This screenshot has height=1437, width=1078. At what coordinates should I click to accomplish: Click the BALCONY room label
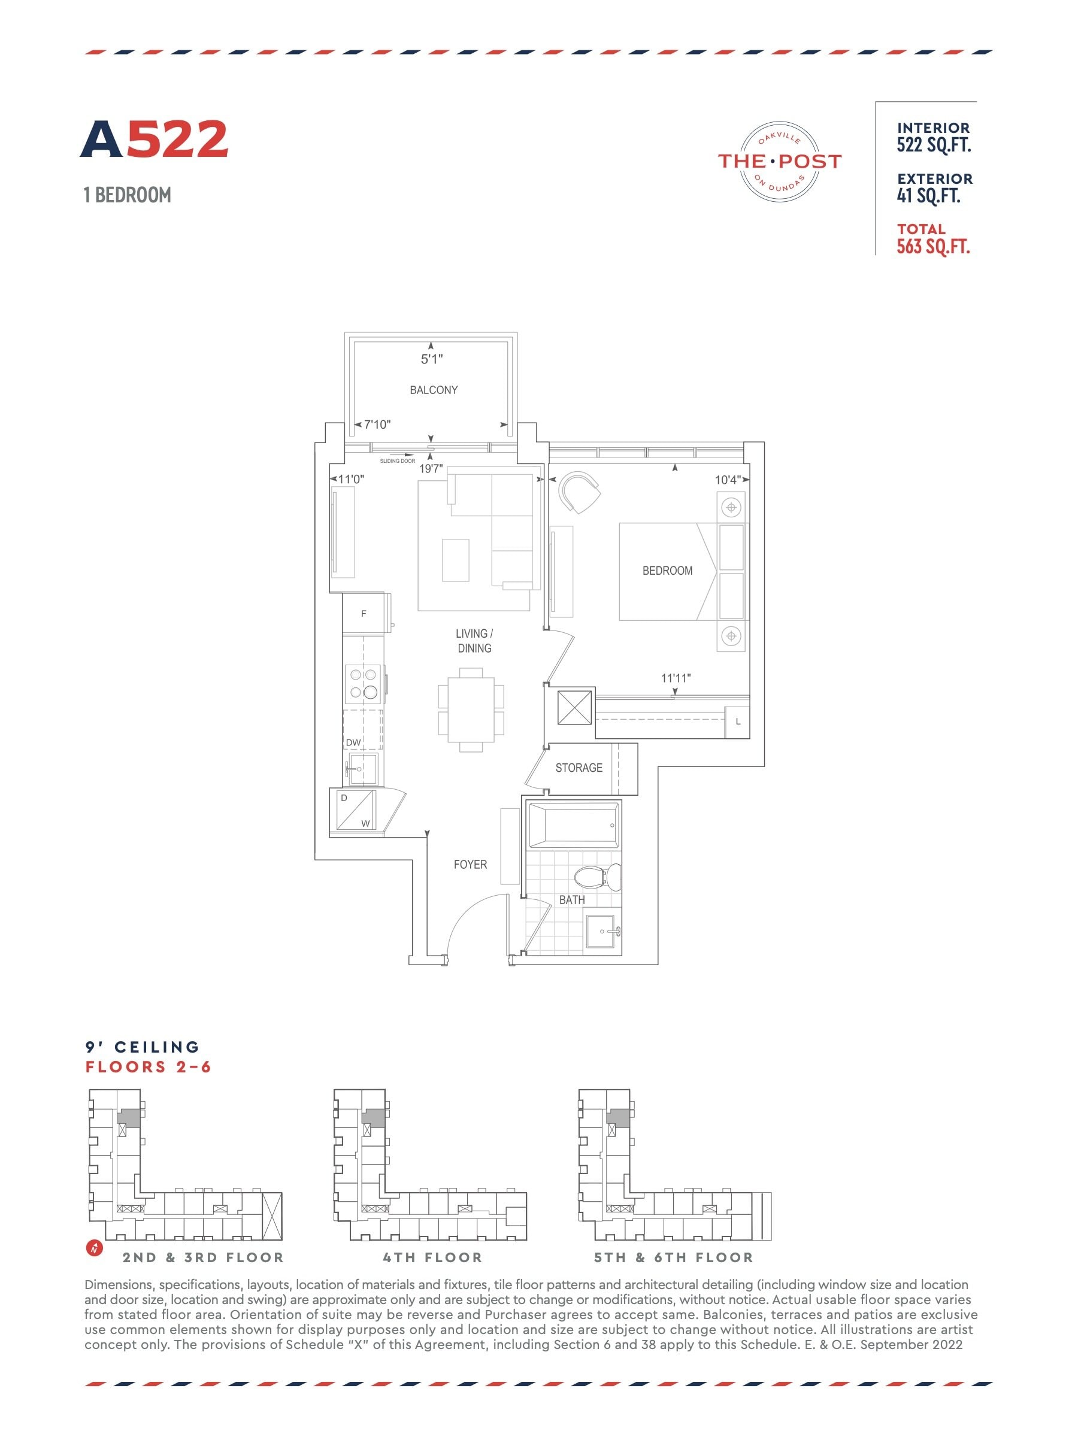click(x=434, y=390)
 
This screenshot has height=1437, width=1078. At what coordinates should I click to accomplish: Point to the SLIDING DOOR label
click(x=398, y=460)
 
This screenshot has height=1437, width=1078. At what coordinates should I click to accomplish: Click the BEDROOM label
click(x=667, y=571)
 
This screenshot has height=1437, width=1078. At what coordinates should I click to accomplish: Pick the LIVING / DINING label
click(x=474, y=641)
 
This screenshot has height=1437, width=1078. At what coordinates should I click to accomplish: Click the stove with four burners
click(x=364, y=683)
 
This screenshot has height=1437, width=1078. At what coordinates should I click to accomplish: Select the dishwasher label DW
click(x=353, y=742)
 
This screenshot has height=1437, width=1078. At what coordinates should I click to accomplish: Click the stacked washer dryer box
click(x=354, y=810)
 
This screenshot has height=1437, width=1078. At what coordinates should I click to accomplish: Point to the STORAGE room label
click(x=579, y=768)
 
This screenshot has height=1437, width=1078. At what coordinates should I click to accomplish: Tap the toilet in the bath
click(x=598, y=878)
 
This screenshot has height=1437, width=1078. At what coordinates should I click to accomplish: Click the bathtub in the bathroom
click(x=574, y=826)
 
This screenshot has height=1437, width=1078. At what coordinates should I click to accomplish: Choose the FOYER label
click(x=471, y=865)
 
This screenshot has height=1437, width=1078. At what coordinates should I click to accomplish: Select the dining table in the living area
click(x=471, y=710)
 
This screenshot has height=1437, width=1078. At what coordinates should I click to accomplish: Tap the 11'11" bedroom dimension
click(x=676, y=678)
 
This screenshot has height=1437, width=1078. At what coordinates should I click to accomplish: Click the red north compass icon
click(x=95, y=1248)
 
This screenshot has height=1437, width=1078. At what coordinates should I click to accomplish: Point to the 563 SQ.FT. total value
click(x=934, y=247)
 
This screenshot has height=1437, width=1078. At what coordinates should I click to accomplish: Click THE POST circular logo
click(x=780, y=161)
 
